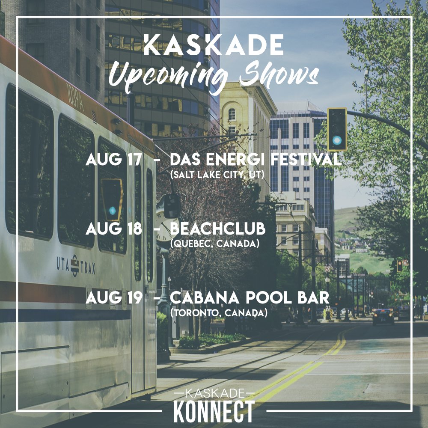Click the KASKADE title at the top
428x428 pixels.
coord(214,46)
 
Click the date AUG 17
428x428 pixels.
coord(113,160)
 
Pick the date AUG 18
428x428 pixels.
coord(113,229)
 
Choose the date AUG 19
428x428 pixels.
coord(113,297)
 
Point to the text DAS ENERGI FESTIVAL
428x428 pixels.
coord(256,160)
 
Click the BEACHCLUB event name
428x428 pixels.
coord(217,229)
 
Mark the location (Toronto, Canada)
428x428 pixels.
coord(219,313)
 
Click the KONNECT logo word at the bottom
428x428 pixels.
coord(214,411)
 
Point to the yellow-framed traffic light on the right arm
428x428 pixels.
coord(337,129)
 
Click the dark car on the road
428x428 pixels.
coord(383,316)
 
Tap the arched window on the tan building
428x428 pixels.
coord(232,114)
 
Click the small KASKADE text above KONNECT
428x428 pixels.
coord(214,393)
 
